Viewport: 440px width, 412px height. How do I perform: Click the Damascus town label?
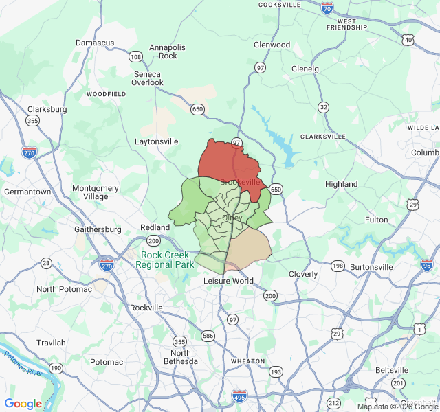point(95,43)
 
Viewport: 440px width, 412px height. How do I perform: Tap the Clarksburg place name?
point(47,109)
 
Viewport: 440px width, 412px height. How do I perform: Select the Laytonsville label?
point(156,141)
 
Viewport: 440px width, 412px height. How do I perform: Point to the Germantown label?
point(27,192)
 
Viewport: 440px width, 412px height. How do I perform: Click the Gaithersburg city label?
point(98,229)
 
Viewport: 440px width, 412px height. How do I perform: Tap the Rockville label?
point(146,308)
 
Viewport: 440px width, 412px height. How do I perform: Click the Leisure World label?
point(229,281)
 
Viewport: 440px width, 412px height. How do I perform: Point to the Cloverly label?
point(303,274)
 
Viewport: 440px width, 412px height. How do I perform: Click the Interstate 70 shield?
point(327,8)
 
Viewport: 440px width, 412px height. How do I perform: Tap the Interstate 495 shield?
point(239,396)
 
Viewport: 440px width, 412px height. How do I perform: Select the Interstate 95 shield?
point(428,264)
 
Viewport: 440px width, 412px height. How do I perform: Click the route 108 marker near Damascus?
point(135,57)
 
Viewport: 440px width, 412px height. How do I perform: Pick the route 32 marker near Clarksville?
point(323,107)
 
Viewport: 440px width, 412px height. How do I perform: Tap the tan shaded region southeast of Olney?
point(248,246)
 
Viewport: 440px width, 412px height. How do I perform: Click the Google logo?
point(23,404)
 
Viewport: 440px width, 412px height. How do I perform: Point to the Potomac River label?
point(25,364)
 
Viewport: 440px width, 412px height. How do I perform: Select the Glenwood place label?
point(272,45)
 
